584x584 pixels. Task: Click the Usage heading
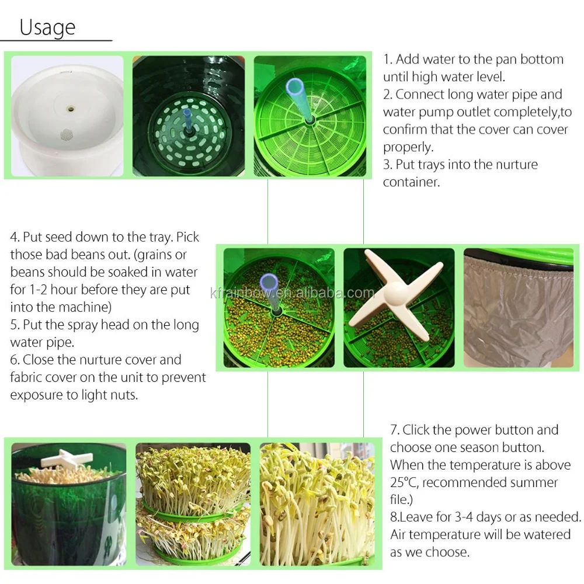point(47,27)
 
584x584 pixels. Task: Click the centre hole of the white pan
point(70,109)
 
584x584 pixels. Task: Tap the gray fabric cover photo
point(518,308)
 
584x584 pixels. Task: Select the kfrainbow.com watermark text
point(292,293)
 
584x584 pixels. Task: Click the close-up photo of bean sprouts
point(317,503)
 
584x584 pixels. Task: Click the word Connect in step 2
point(420,95)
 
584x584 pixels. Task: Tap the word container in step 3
point(411,182)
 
